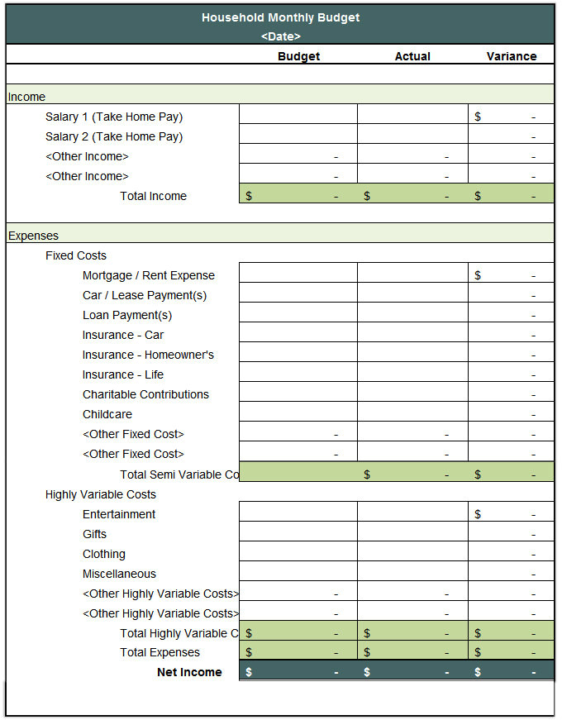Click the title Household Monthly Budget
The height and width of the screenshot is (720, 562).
280,17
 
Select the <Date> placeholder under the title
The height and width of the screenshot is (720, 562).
280,36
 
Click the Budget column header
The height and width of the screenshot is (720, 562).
298,56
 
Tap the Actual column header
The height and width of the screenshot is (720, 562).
412,56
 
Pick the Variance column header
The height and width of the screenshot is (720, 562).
511,56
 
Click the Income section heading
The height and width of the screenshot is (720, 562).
26,97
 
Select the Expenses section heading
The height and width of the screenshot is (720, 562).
33,236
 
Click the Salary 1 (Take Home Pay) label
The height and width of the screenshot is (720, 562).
114,117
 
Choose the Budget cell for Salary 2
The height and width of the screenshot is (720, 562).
298,136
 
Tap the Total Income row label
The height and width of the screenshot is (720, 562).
153,196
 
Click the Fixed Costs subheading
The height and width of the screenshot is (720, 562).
76,255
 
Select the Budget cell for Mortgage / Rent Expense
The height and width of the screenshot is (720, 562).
298,275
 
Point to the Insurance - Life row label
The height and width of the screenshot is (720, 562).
123,374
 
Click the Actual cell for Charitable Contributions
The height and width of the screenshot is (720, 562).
412,394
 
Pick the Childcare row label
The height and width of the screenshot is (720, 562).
107,414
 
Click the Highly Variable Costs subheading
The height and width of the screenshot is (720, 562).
101,494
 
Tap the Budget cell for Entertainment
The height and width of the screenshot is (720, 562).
298,514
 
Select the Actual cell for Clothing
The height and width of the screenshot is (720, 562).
412,554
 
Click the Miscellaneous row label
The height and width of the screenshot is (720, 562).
119,574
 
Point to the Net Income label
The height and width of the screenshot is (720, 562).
189,672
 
